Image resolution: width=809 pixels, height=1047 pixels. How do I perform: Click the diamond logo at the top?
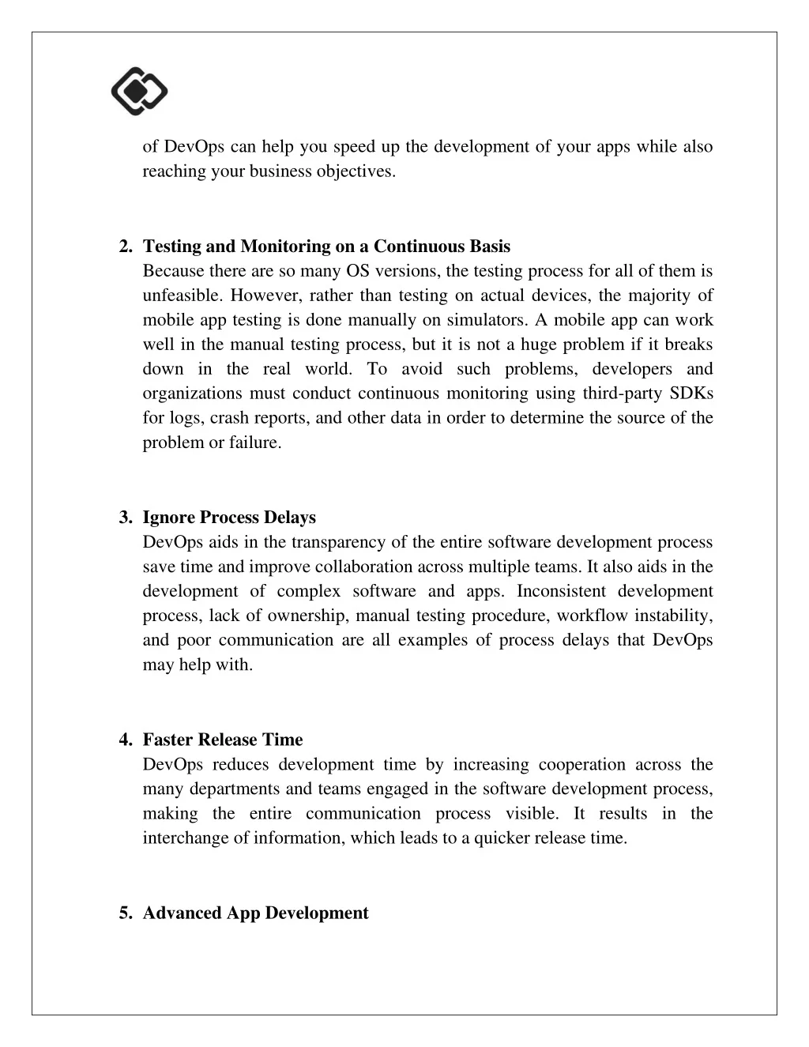[139, 91]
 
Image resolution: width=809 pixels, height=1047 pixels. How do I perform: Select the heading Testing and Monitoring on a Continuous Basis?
[326, 247]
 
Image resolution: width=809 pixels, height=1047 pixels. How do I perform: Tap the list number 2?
[125, 247]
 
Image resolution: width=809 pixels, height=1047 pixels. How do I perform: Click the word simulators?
[488, 320]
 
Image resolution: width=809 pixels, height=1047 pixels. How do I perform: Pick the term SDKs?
[691, 394]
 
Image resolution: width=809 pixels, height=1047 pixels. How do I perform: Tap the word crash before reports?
[226, 418]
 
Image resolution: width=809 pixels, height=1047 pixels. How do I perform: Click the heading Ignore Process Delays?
[229, 518]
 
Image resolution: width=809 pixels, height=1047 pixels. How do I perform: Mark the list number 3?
[125, 518]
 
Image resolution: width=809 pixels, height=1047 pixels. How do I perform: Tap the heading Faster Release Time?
[223, 740]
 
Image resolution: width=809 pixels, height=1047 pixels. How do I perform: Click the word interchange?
[185, 838]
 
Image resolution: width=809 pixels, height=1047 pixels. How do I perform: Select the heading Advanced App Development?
[255, 913]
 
